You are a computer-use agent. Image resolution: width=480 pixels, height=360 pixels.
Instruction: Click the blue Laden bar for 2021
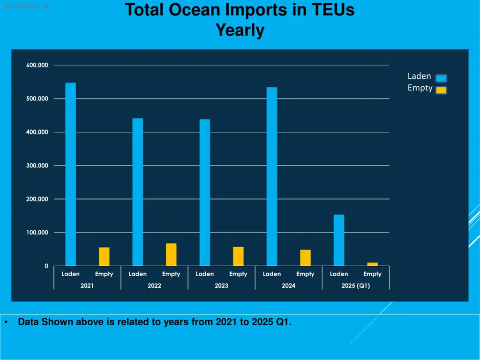tap(70, 174)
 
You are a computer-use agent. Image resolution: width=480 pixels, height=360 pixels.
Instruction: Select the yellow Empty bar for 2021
tap(104, 256)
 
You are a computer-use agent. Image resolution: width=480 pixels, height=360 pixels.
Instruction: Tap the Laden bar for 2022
tap(137, 192)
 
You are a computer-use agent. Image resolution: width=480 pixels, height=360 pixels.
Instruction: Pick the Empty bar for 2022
tap(171, 255)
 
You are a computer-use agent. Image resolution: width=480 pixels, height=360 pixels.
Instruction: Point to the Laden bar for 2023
tap(205, 193)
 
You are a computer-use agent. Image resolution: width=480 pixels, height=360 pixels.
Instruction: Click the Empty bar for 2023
tap(238, 256)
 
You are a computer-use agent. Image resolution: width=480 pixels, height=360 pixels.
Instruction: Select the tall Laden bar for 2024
tap(272, 177)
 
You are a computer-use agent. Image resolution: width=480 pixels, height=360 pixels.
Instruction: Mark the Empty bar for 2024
tap(305, 258)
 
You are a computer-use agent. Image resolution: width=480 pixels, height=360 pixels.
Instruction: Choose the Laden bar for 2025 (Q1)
tap(339, 240)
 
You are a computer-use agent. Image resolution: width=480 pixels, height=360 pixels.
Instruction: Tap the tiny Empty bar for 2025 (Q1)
tap(372, 264)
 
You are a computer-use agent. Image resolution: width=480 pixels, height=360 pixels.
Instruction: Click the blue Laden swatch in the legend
tap(441, 78)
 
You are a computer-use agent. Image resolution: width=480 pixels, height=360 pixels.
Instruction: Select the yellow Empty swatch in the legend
tap(441, 90)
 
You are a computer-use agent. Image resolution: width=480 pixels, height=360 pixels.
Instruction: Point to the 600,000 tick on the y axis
tap(37, 65)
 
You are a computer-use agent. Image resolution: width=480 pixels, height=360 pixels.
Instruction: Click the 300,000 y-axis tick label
tap(37, 165)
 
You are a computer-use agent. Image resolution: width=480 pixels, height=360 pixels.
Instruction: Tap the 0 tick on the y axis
tap(46, 266)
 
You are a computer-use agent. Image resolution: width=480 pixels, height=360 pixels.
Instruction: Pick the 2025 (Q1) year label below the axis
tap(355, 285)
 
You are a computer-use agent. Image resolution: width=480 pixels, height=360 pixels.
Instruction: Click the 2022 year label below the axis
tap(154, 285)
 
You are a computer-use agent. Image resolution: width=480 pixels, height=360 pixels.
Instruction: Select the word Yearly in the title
tap(240, 30)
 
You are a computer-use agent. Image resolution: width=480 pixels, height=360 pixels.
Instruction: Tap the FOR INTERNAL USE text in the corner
tap(26, 6)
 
